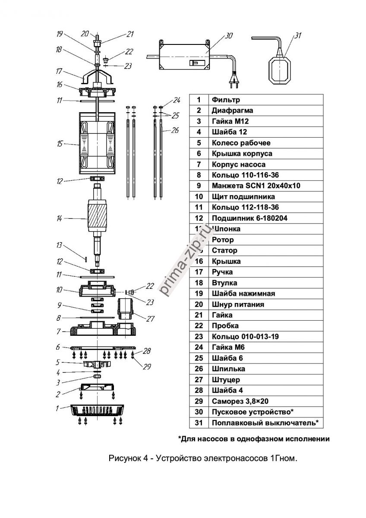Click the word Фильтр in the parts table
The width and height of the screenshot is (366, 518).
coord(223,100)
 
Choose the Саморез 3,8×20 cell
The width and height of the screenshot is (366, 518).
coord(240,401)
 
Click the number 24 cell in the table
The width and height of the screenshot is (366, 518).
coord(199,347)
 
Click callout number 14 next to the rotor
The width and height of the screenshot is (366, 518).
coord(60,219)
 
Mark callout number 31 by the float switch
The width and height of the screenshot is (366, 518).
coord(297,36)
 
